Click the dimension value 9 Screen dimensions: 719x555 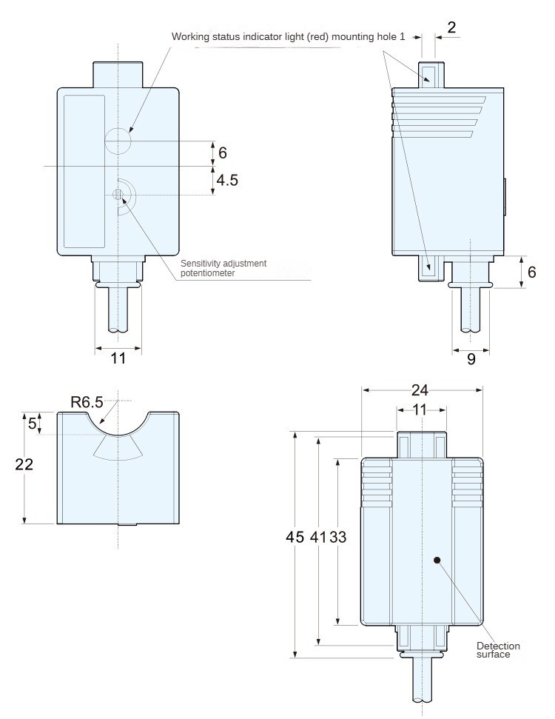[x=471, y=360]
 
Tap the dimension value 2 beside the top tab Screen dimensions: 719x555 [x=452, y=27]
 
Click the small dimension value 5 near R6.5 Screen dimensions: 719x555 [x=32, y=424]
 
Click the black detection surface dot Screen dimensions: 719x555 [x=437, y=561]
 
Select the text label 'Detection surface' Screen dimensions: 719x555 [x=498, y=650]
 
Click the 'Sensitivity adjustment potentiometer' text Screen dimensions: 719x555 [x=223, y=268]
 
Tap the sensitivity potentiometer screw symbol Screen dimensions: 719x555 [x=118, y=194]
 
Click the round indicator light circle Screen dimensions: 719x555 [x=118, y=140]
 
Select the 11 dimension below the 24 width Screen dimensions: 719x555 [x=420, y=409]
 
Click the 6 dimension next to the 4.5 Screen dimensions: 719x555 [x=223, y=153]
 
